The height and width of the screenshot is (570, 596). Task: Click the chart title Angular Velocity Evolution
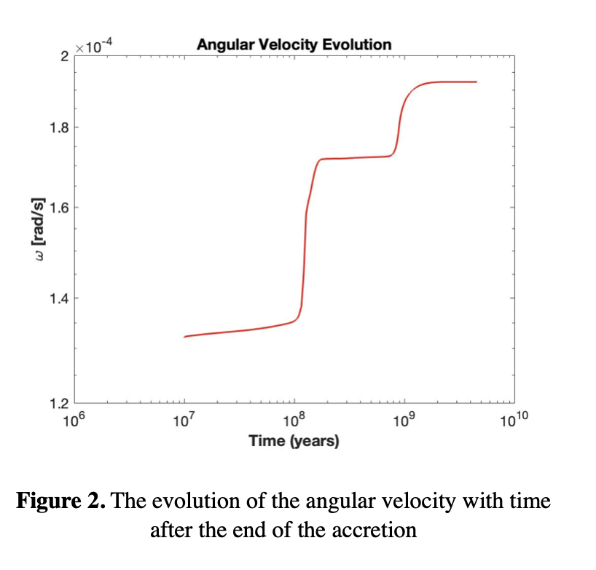(x=294, y=44)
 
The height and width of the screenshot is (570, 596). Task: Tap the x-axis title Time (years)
(x=294, y=440)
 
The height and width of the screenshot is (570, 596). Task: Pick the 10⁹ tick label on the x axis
(x=404, y=420)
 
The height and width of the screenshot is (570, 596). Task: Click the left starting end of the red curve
(x=184, y=337)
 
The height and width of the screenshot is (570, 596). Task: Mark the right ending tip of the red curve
(x=477, y=82)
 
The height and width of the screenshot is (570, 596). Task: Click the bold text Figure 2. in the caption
(x=62, y=502)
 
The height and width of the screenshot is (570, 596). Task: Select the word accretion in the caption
(x=380, y=529)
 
